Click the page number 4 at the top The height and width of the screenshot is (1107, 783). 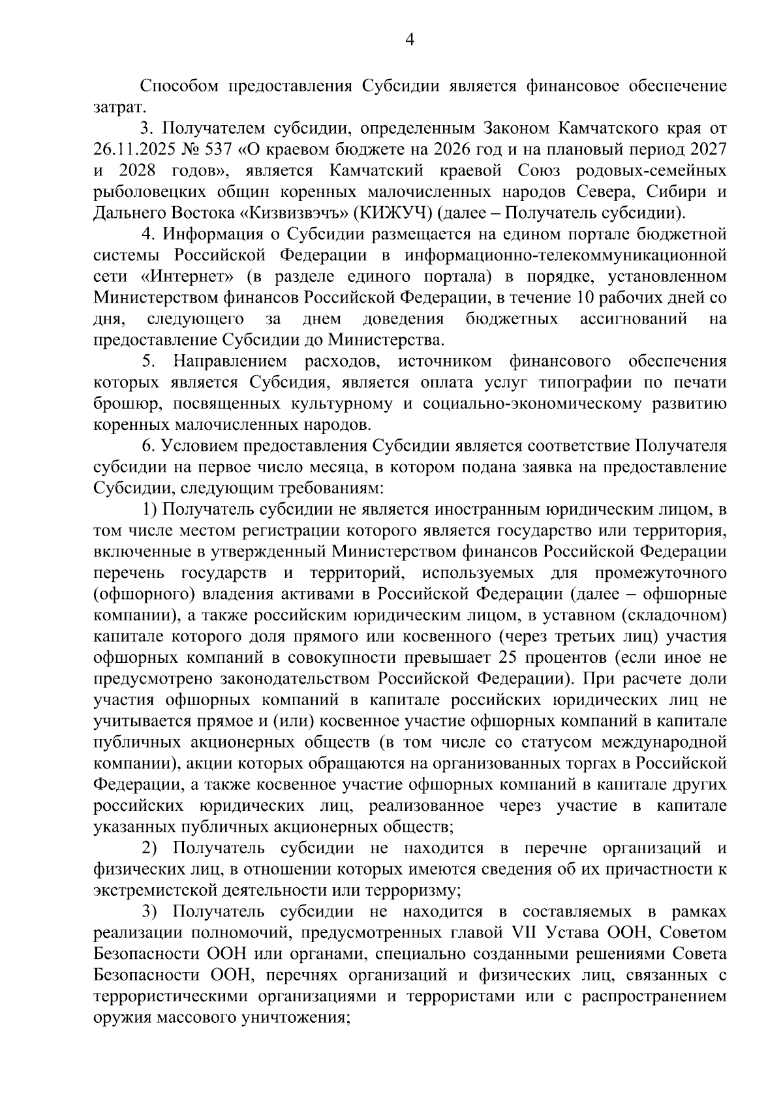(x=410, y=40)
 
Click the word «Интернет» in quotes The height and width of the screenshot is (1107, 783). (x=188, y=277)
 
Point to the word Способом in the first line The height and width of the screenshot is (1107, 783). (x=178, y=86)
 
